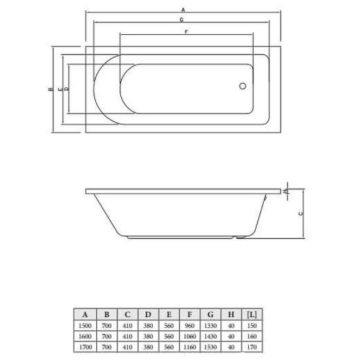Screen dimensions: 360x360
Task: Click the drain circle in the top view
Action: (243, 88)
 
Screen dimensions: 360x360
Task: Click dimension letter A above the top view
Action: (182, 10)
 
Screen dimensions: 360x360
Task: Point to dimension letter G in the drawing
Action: (182, 20)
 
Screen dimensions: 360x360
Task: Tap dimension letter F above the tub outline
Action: (186, 32)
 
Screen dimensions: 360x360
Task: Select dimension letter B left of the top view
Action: (49, 89)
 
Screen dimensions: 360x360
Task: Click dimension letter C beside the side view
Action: (300, 214)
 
